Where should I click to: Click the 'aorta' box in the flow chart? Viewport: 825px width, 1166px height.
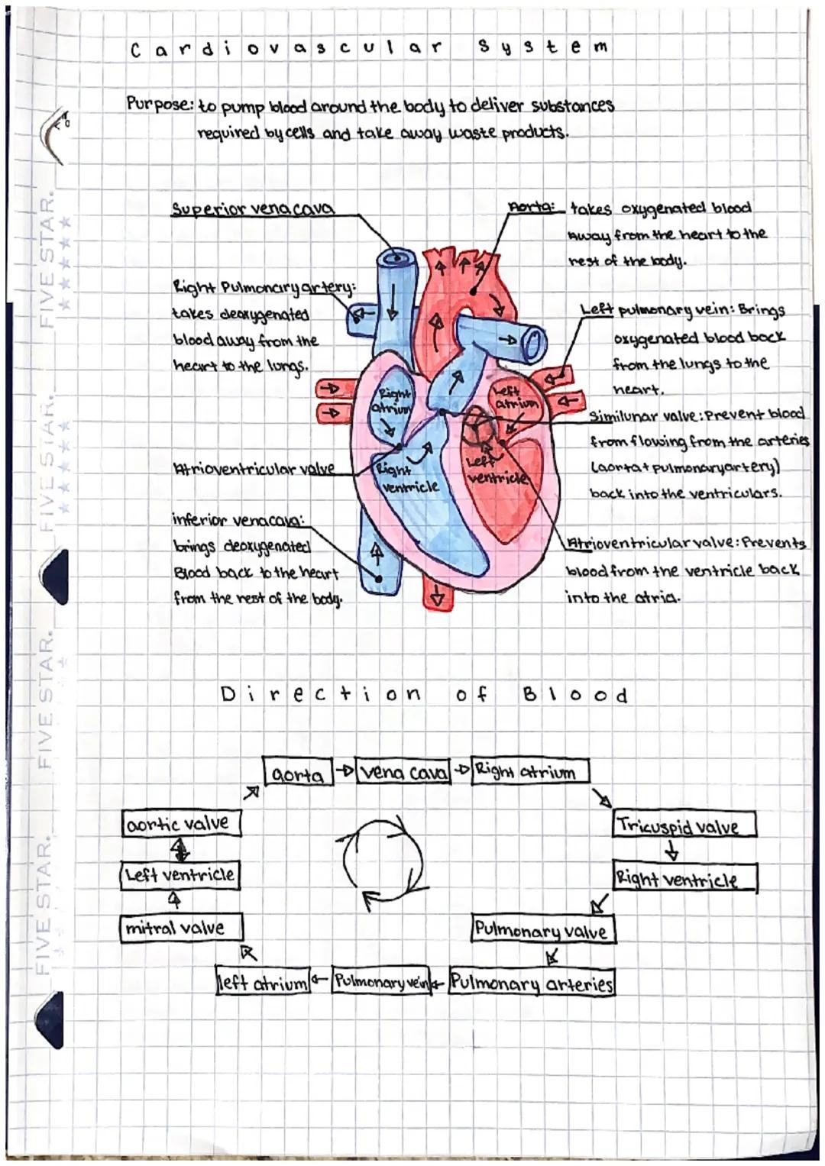(297, 773)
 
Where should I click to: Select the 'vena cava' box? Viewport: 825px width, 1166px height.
(403, 773)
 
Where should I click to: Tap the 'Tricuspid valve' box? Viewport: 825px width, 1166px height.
(683, 825)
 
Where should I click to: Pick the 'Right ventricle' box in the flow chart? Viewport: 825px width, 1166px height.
(684, 879)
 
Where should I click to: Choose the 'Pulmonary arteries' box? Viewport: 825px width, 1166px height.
(532, 982)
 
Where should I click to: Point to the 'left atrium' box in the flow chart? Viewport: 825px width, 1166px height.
(263, 982)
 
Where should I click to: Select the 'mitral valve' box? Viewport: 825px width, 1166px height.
(181, 928)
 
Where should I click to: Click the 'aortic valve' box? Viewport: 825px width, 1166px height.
(180, 824)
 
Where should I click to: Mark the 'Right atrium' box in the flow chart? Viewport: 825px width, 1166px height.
(530, 771)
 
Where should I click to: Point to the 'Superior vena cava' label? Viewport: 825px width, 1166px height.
(251, 208)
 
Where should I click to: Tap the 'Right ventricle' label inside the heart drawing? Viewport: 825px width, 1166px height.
(406, 479)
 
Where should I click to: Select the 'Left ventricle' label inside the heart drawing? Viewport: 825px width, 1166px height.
(494, 470)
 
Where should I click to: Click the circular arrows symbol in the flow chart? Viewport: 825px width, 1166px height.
(382, 861)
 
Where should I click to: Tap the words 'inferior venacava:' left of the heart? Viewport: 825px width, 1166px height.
(238, 521)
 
